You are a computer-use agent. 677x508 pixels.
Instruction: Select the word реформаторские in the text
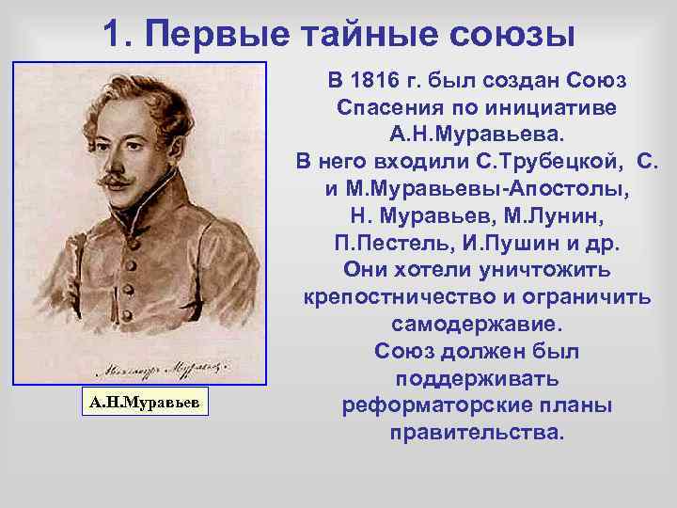point(421,406)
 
